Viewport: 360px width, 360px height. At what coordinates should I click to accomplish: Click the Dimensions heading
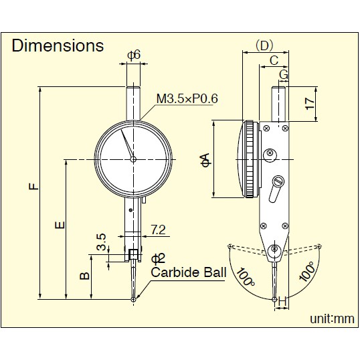(58, 46)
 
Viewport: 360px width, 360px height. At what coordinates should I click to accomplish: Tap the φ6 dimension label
(134, 56)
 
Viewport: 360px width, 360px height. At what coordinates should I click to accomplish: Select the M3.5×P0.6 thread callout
(187, 99)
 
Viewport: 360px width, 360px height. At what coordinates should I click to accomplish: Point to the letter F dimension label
(34, 186)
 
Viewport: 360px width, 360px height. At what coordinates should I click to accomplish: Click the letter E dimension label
(60, 225)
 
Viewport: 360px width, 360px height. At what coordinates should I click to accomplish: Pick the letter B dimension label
(84, 276)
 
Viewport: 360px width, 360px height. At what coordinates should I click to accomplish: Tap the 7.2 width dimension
(158, 230)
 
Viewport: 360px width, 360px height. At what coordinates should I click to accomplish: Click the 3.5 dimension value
(101, 242)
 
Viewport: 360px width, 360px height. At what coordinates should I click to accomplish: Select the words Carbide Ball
(189, 272)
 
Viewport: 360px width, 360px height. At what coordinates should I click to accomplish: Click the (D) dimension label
(264, 46)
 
